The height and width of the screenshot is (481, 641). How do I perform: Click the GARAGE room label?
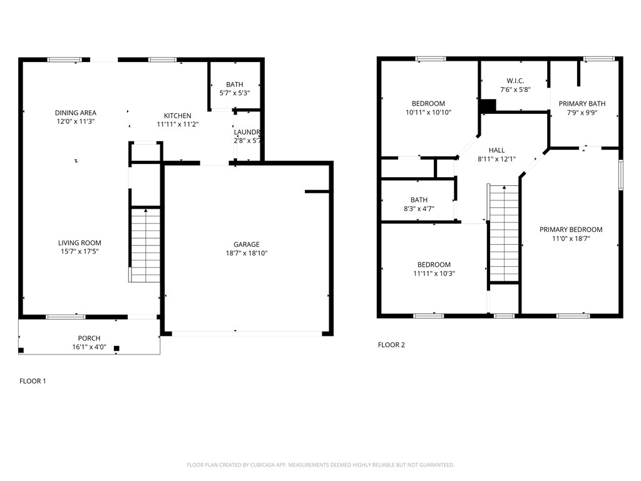(x=247, y=244)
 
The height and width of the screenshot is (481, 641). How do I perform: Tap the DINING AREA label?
(x=75, y=113)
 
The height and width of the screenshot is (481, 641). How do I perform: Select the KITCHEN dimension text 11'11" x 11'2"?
(x=178, y=125)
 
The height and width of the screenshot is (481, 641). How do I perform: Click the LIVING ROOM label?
(x=79, y=243)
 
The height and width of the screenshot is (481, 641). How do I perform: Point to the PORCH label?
(x=89, y=338)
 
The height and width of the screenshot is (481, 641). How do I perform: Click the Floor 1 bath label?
(x=235, y=85)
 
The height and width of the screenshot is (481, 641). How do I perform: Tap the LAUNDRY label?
(x=247, y=132)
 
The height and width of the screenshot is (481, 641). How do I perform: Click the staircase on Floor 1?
(x=145, y=244)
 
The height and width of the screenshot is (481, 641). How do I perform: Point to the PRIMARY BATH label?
(x=582, y=104)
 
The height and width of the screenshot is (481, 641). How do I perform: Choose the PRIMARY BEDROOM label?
(x=571, y=230)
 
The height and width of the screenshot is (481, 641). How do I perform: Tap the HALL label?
(x=496, y=150)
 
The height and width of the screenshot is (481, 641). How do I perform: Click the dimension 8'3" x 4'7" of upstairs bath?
(x=419, y=209)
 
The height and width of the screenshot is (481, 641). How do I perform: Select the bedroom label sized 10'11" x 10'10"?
(x=428, y=103)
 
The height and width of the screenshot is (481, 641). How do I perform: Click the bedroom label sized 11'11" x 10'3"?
(x=431, y=265)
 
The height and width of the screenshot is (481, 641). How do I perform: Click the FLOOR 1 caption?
(x=33, y=381)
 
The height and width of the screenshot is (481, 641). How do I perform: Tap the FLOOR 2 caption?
(x=391, y=345)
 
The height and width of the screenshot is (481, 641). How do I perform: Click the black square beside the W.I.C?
(x=487, y=106)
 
